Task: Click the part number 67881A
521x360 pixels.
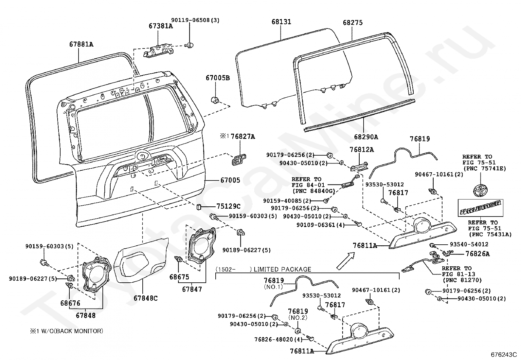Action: [x=81, y=44]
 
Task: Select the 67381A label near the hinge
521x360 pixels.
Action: [x=160, y=26]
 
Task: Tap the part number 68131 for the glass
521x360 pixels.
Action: [x=281, y=22]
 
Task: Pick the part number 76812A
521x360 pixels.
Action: [x=361, y=150]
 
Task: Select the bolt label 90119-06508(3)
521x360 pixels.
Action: [x=195, y=20]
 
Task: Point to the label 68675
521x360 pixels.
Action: [x=179, y=277]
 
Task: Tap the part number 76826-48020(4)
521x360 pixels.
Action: [x=278, y=339]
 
